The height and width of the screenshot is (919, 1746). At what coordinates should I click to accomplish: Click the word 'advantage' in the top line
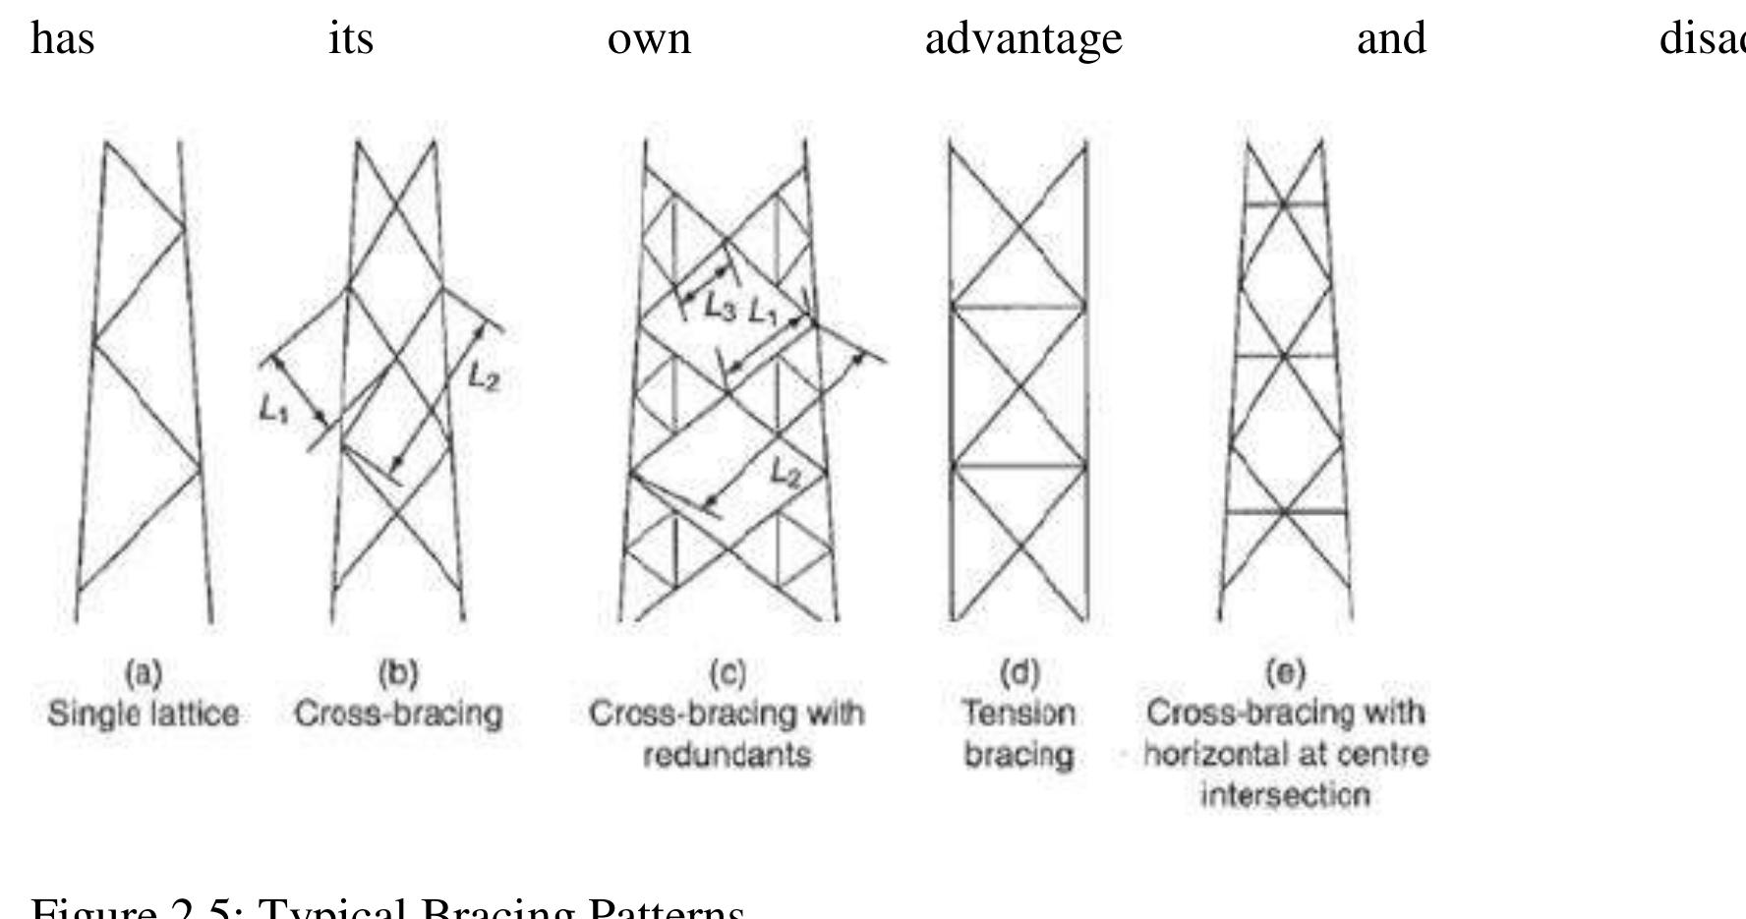[x=1022, y=39]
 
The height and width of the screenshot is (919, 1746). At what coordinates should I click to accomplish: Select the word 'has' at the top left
[x=63, y=39]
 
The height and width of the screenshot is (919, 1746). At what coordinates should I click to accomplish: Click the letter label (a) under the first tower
[x=144, y=673]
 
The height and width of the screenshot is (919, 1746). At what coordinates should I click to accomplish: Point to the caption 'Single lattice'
[x=144, y=714]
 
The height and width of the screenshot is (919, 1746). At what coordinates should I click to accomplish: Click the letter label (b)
[x=398, y=673]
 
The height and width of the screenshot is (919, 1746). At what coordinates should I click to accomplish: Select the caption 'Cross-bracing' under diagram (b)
[x=398, y=714]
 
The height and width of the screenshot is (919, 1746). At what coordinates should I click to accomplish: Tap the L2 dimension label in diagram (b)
[x=484, y=376]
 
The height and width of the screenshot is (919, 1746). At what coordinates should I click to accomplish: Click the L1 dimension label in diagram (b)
[x=274, y=410]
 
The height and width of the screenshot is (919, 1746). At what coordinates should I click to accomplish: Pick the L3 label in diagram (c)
[x=720, y=309]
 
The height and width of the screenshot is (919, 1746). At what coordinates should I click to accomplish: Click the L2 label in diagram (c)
[x=785, y=475]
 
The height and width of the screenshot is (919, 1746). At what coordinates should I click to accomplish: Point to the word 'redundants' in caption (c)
[x=727, y=756]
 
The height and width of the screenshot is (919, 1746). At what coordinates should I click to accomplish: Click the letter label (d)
[x=1018, y=673]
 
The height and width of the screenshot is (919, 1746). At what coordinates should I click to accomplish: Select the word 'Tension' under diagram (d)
[x=1018, y=714]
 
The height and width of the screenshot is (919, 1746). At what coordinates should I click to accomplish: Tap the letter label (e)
[x=1285, y=673]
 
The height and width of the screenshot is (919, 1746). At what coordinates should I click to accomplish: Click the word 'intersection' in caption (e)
[x=1285, y=795]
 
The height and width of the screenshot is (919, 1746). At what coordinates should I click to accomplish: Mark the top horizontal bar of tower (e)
[x=1285, y=204]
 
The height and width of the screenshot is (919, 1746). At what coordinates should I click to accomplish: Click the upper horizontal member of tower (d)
[x=1018, y=308]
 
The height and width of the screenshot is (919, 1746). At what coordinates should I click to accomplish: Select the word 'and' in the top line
[x=1390, y=39]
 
